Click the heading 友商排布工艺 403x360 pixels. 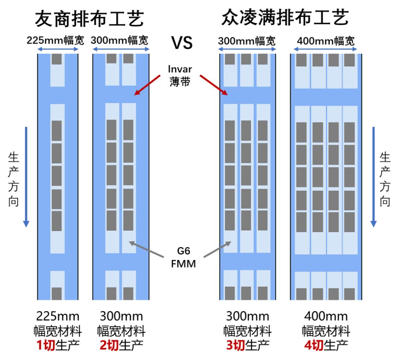click(x=89, y=19)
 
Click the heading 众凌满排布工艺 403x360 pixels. click(x=285, y=18)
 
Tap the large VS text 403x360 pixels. click(x=182, y=43)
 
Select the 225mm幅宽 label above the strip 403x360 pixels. click(x=55, y=40)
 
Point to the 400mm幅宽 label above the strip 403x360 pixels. click(x=326, y=41)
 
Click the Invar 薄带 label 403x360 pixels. click(x=179, y=76)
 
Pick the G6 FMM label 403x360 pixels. click(x=183, y=257)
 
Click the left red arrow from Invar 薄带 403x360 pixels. click(x=147, y=85)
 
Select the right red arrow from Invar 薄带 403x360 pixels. click(x=213, y=85)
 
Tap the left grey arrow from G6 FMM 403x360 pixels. click(x=146, y=249)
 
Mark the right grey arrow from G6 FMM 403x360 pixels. click(x=218, y=249)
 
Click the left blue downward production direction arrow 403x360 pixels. click(x=26, y=177)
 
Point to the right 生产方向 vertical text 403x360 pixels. click(x=385, y=179)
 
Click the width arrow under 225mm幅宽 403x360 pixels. click(x=58, y=49)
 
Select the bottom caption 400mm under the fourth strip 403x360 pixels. click(x=326, y=316)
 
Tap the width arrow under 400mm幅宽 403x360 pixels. click(x=325, y=49)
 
